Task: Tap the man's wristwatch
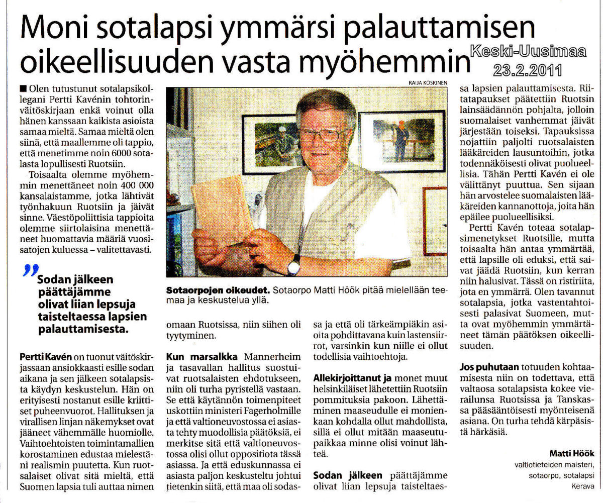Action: (x=294, y=264)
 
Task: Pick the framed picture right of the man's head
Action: (x=402, y=141)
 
